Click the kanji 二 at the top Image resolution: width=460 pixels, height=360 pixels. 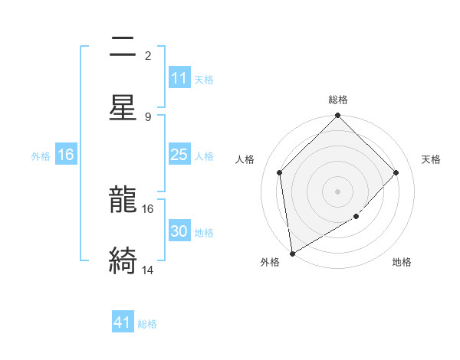[123, 47]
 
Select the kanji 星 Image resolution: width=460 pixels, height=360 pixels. [123, 107]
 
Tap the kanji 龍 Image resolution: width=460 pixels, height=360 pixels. [123, 201]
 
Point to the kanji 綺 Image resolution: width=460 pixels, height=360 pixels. [123, 261]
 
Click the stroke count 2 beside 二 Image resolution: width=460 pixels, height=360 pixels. [148, 55]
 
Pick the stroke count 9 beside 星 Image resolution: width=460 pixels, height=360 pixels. [148, 116]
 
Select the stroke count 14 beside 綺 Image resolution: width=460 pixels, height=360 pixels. [148, 270]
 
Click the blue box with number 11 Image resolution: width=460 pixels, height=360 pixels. [179, 78]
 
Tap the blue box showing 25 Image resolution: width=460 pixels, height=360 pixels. [179, 155]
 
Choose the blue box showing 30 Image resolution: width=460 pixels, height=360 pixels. [179, 231]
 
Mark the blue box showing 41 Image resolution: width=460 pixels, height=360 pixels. [123, 322]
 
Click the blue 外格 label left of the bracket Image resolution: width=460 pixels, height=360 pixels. [41, 155]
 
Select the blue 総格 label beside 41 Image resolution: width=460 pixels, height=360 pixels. [147, 324]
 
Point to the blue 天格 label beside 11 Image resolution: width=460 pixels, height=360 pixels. [204, 79]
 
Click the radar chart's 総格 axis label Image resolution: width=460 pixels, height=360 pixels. [338, 100]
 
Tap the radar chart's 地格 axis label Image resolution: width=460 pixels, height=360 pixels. [402, 262]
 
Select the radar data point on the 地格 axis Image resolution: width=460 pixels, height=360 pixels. [356, 217]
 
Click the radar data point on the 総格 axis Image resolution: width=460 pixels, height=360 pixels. [338, 116]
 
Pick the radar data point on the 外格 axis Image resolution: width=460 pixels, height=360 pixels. [292, 253]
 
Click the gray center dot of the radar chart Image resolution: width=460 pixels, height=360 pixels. [338, 191]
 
